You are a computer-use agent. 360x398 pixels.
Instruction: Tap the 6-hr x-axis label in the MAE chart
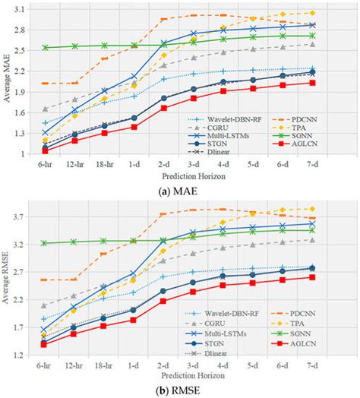[45, 163]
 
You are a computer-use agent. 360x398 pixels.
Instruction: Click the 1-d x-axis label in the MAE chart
[134, 163]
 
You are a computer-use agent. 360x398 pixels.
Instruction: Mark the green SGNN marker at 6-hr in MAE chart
[45, 47]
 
